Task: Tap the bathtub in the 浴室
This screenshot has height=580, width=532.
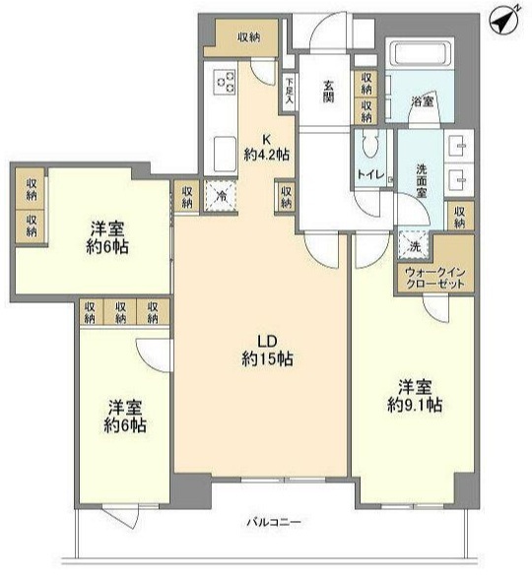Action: pyautogui.click(x=420, y=53)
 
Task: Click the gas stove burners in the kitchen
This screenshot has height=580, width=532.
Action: pyautogui.click(x=226, y=82)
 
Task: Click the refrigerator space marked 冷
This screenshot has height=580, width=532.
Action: pyautogui.click(x=221, y=196)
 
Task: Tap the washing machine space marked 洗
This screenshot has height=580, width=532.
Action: pyautogui.click(x=413, y=244)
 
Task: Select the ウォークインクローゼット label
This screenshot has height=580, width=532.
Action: pyautogui.click(x=435, y=278)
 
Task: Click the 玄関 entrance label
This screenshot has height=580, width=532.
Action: pyautogui.click(x=328, y=91)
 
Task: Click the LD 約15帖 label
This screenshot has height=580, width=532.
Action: pyautogui.click(x=267, y=351)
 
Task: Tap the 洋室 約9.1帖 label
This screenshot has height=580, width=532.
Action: pyautogui.click(x=415, y=396)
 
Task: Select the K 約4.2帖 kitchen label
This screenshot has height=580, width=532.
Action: pyautogui.click(x=266, y=148)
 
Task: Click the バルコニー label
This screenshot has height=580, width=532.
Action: pyautogui.click(x=274, y=522)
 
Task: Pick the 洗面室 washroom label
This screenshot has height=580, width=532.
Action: pyautogui.click(x=422, y=181)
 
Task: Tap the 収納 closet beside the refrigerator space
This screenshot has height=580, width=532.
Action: pyautogui.click(x=187, y=197)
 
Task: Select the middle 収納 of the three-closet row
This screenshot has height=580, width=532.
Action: pyautogui.click(x=120, y=312)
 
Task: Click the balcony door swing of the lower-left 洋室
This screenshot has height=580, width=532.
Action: pyautogui.click(x=122, y=517)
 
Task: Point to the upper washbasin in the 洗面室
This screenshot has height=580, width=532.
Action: pyautogui.click(x=459, y=146)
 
